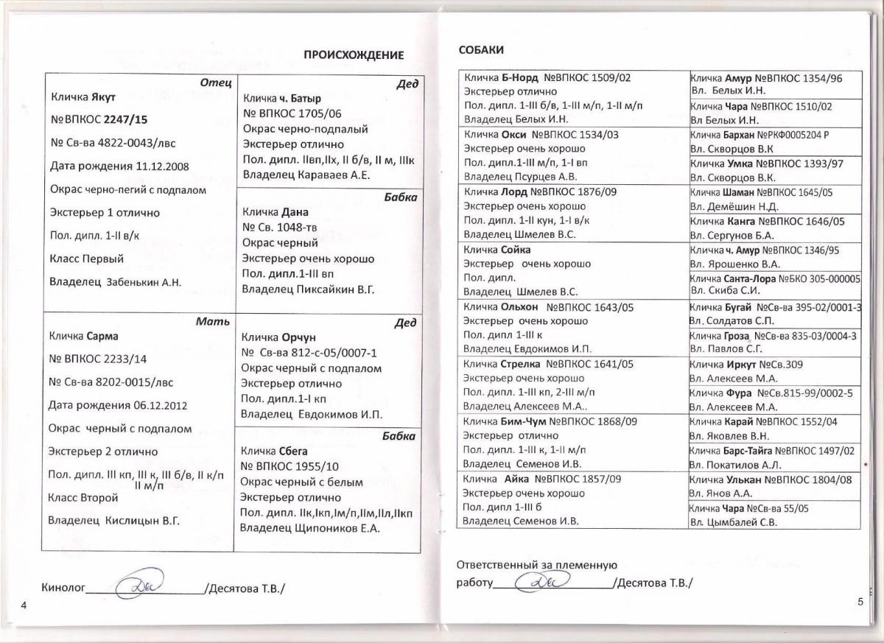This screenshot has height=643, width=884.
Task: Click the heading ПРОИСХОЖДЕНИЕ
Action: pyautogui.click(x=354, y=55)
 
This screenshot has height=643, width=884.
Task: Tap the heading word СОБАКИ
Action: pyautogui.click(x=481, y=49)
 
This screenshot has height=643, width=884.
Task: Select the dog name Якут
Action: pyautogui.click(x=104, y=96)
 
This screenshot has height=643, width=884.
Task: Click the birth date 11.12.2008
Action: pyautogui.click(x=162, y=166)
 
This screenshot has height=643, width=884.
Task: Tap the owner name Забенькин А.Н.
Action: pyautogui.click(x=144, y=282)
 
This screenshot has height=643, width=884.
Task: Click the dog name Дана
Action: pyautogui.click(x=295, y=211)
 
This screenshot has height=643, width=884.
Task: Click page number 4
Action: pyautogui.click(x=24, y=605)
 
